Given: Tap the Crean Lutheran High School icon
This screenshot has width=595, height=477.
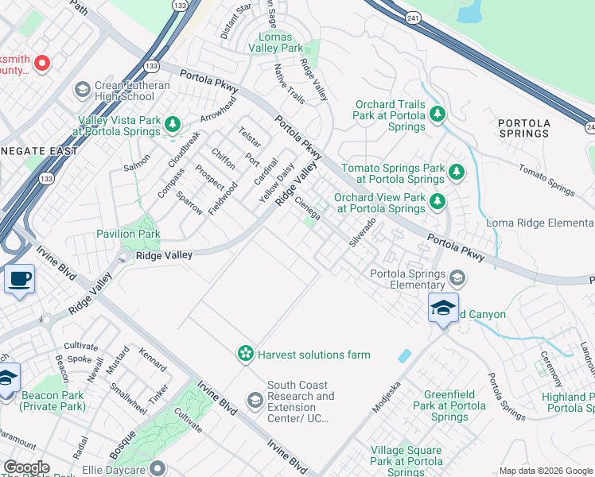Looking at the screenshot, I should coord(81,90).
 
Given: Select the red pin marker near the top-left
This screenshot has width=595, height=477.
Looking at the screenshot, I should coord(41,63).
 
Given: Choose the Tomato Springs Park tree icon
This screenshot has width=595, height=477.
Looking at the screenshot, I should coord(456,171).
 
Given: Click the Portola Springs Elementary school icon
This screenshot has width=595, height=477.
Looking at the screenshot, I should coord(457,277).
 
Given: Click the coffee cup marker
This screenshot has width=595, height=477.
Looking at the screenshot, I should coord(19,280).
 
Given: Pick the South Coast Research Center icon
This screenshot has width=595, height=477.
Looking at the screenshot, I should coord(255,397).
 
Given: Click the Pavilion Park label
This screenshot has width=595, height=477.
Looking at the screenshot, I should coord(128,235).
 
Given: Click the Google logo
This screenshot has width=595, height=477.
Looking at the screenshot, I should coord(26,467).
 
